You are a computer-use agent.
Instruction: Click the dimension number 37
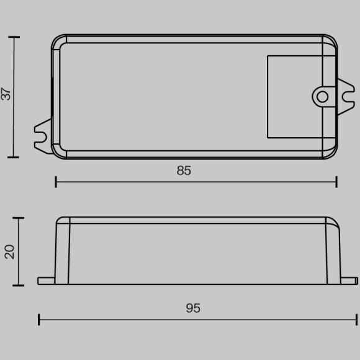[7, 95]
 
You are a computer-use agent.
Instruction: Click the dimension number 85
[184, 171]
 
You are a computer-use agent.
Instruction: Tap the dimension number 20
[9, 251]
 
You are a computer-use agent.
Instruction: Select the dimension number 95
[193, 308]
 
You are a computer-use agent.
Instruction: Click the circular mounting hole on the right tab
[322, 96]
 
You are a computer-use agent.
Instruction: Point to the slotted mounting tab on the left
[42, 136]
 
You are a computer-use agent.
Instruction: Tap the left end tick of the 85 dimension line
[56, 182]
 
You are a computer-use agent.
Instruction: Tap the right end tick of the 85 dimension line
[336, 182]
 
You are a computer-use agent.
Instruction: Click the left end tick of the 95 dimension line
[39, 320]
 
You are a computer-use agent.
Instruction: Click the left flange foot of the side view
[47, 281]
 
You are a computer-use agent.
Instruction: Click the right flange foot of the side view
[347, 281]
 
